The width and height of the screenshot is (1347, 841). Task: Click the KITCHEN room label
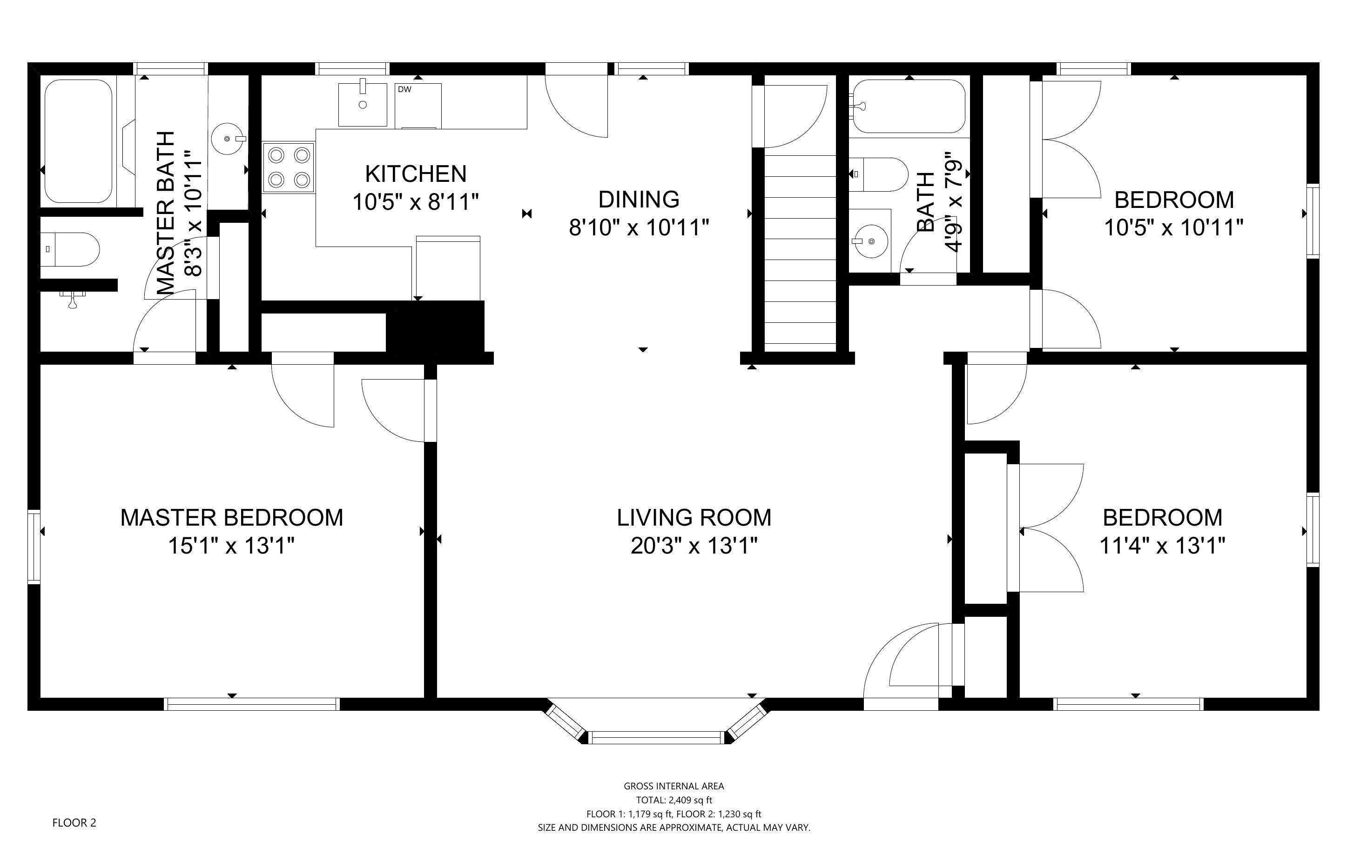[x=416, y=174]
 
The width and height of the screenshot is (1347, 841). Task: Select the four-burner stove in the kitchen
[x=289, y=167]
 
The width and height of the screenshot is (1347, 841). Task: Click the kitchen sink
[x=363, y=105]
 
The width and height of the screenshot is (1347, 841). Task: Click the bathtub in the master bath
[x=79, y=141]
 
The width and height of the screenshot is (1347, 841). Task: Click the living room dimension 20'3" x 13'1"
[x=694, y=546]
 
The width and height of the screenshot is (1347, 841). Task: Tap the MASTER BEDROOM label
[x=231, y=518]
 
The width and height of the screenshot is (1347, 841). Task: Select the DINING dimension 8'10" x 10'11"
[x=639, y=227]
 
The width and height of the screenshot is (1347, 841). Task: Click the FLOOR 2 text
[x=74, y=822]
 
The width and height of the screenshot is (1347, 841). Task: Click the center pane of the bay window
[x=657, y=738]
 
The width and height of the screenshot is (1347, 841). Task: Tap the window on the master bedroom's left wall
[x=34, y=546]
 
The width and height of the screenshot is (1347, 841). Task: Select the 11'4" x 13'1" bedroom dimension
[x=1162, y=546]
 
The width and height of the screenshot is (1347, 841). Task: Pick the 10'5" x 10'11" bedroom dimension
[x=1173, y=227]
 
